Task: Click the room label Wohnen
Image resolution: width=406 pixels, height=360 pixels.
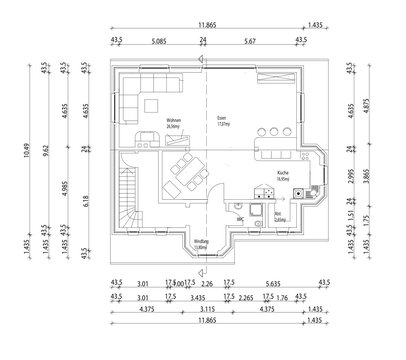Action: (x=146, y=123)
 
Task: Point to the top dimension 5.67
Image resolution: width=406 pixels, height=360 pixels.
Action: (x=249, y=42)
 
